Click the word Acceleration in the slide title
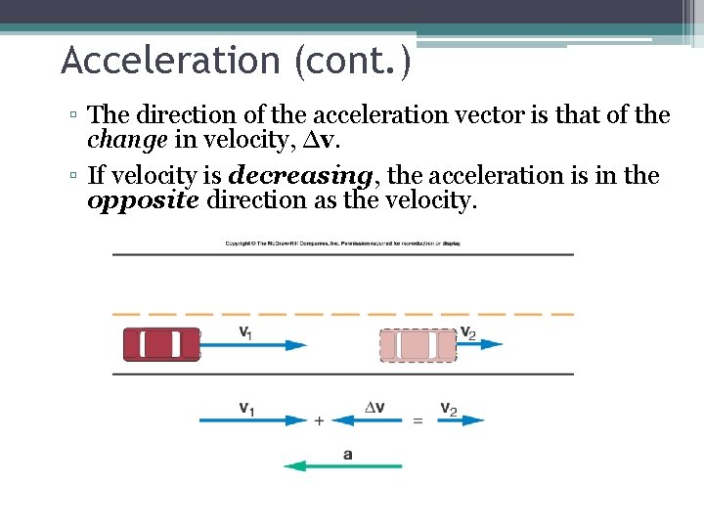[168, 61]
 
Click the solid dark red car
[161, 345]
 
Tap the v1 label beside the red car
[244, 331]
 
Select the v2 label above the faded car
[467, 331]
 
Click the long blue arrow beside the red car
[254, 344]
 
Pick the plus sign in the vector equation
[319, 420]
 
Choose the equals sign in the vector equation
[418, 420]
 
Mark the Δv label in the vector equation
[374, 407]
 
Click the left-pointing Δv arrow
[366, 420]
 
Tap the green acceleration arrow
[342, 466]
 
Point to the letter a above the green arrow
[348, 453]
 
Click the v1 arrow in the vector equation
[254, 420]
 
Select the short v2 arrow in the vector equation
[459, 420]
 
